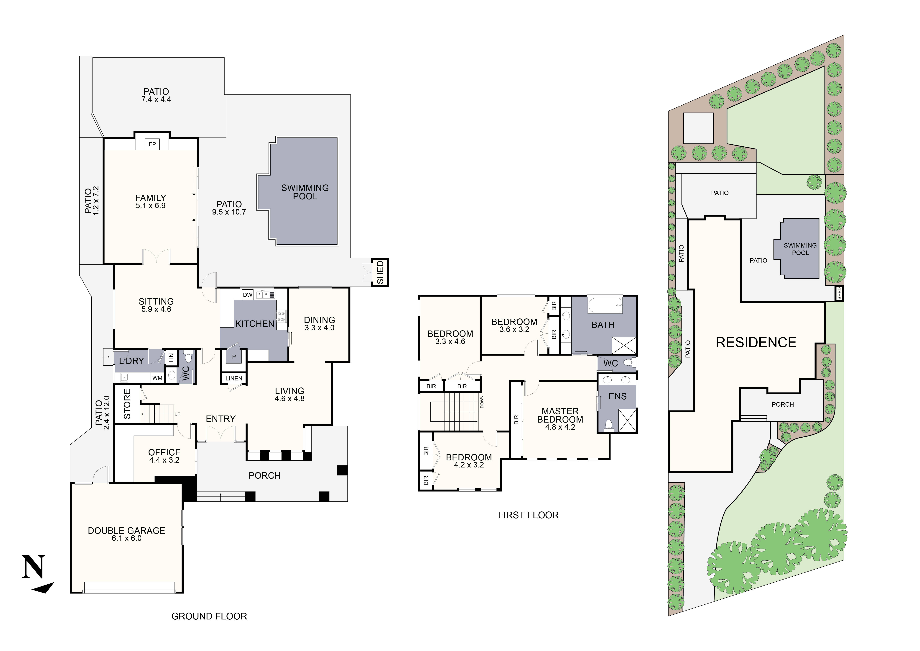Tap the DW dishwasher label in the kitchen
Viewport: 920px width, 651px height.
(248, 295)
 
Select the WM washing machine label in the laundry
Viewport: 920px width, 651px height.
(157, 378)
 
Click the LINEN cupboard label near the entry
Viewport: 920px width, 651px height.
(234, 378)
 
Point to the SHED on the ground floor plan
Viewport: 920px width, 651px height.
(380, 272)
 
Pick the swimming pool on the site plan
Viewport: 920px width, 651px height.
(800, 249)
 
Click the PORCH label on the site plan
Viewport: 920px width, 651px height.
(783, 405)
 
